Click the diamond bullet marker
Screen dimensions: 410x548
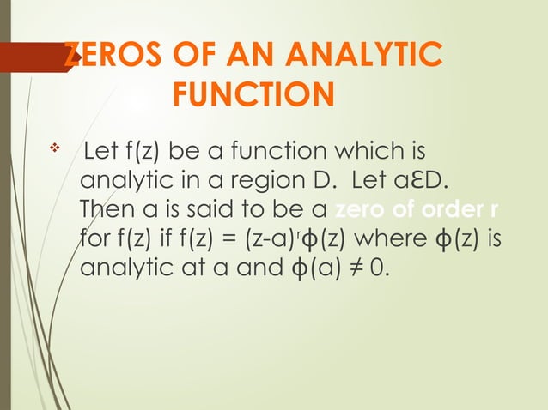point(53,152)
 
